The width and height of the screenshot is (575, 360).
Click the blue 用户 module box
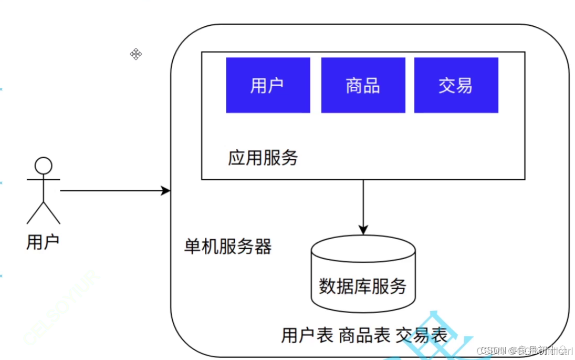click(x=268, y=85)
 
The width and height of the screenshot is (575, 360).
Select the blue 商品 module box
click(x=363, y=85)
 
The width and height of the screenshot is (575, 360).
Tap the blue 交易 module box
click(x=456, y=85)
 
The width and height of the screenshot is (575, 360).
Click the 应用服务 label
click(x=263, y=158)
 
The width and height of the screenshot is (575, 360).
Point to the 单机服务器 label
click(x=228, y=246)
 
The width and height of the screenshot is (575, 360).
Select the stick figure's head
click(x=44, y=166)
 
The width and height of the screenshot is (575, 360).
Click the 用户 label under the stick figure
click(x=43, y=242)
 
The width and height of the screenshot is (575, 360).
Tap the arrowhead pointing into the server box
click(x=166, y=190)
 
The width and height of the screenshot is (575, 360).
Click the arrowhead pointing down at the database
click(x=363, y=229)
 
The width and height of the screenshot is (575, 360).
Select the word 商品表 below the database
click(x=364, y=335)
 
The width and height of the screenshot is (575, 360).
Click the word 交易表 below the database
click(x=421, y=335)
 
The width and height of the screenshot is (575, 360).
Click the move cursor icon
click(x=136, y=54)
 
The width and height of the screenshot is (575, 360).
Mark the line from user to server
click(x=110, y=190)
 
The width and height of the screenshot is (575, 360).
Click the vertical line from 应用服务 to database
click(x=363, y=202)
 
